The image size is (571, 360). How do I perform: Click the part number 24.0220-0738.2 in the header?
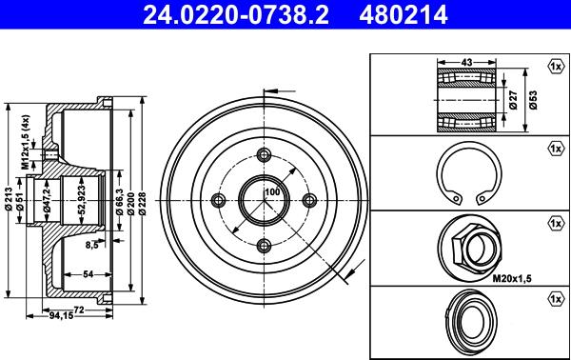[236, 15]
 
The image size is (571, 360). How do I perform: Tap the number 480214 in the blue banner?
[404, 15]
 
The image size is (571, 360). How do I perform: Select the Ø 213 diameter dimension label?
[8, 199]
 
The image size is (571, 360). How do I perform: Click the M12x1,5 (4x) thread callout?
[25, 142]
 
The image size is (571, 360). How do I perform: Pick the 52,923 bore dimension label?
[82, 199]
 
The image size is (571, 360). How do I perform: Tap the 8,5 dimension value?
[91, 245]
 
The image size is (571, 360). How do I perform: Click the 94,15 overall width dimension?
[61, 315]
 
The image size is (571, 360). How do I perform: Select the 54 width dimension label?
[89, 274]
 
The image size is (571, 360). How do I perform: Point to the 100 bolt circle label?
[272, 191]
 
